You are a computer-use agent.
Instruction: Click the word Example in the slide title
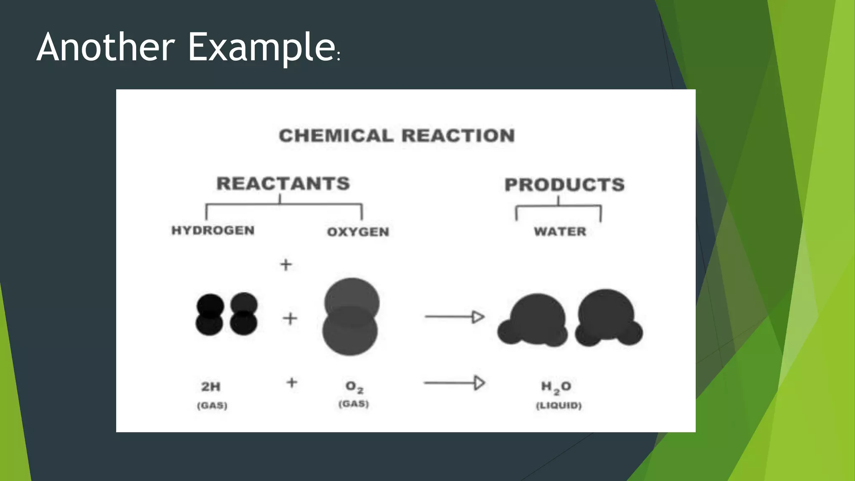coord(261,48)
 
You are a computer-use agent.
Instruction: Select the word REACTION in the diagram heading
coord(458,136)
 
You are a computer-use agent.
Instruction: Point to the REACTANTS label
coord(283,184)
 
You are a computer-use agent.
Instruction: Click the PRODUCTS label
coord(564,185)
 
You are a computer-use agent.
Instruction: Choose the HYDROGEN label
coord(213,230)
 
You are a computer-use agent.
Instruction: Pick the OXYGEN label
coord(358,232)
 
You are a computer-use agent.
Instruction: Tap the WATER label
coord(560,231)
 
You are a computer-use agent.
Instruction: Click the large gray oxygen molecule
coord(351,316)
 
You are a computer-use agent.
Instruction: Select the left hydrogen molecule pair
coord(210,314)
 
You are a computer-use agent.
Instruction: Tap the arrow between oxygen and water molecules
coord(454,317)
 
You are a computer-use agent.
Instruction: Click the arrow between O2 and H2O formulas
coord(454,382)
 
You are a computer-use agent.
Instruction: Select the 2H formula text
coord(211,387)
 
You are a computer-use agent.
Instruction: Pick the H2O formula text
coord(556,387)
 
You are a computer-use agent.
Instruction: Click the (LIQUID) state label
coord(559,405)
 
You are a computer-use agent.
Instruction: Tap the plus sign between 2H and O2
coord(292,382)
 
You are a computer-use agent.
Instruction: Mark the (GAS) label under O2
coord(354,404)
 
